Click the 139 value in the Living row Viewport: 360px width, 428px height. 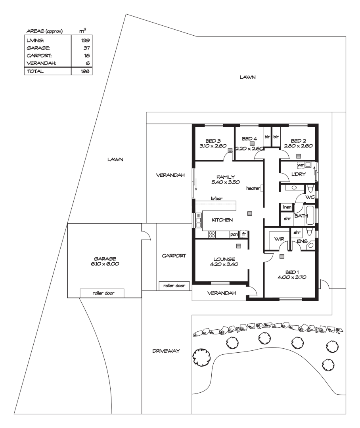click(85, 40)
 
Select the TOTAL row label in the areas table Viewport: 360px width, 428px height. click(35, 71)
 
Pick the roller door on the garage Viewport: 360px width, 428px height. click(102, 293)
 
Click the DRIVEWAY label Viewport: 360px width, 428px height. click(167, 351)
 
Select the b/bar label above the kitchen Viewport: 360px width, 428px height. click(216, 199)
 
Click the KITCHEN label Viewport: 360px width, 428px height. click(222, 220)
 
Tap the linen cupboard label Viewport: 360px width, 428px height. click(287, 207)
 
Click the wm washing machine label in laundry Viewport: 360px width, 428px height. click(301, 165)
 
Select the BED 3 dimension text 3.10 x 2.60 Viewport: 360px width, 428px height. click(213, 146)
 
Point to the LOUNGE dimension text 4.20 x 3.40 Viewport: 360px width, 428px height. click(223, 265)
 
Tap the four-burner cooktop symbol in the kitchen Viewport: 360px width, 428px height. click(212, 234)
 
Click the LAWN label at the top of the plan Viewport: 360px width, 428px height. click(247, 77)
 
